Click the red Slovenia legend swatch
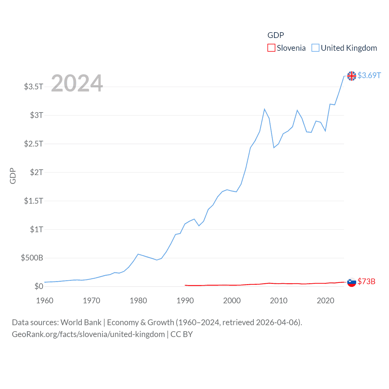point(271,48)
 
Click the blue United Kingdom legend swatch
point(315,48)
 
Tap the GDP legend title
point(276,35)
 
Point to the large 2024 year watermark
point(77,83)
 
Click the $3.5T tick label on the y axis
point(33,87)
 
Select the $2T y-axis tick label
point(36,172)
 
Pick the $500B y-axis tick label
point(32,258)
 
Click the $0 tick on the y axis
point(39,286)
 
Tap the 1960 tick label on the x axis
point(45,301)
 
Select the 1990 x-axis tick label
point(185,301)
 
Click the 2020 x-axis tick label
point(325,301)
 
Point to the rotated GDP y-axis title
point(13,176)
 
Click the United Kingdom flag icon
point(352,76)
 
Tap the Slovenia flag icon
point(352,282)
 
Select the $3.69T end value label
point(369,75)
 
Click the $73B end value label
point(366,281)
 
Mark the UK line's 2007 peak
point(264,109)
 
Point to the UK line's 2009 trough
point(274,148)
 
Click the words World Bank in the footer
point(81,322)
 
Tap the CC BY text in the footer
point(181,334)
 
